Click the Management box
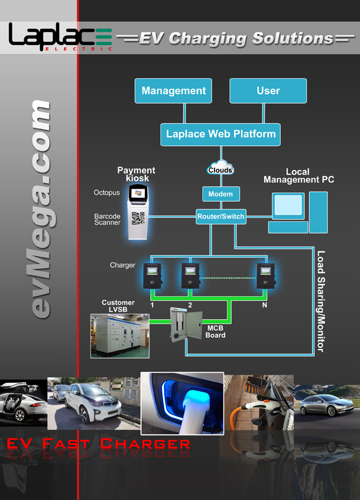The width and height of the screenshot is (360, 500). [x=174, y=91]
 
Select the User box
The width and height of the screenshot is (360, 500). [x=268, y=91]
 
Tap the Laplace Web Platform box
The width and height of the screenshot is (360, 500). [x=220, y=134]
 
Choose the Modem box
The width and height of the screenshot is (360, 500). [x=220, y=194]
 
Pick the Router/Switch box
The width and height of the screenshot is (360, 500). [x=220, y=217]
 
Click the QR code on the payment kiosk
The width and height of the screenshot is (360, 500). [x=138, y=218]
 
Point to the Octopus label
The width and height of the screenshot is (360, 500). [x=106, y=193]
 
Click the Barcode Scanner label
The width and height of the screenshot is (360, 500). [x=107, y=220]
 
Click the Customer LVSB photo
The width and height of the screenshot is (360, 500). [x=119, y=335]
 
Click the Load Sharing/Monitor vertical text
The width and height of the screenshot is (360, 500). [x=320, y=301]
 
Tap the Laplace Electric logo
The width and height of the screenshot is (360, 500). [x=60, y=38]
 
